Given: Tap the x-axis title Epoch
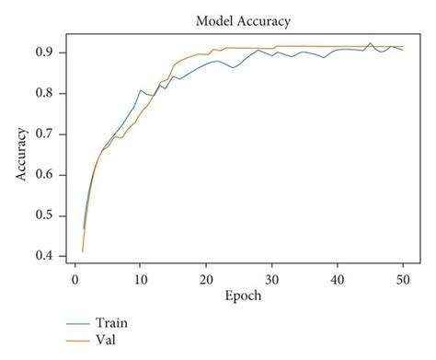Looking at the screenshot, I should pyautogui.click(x=242, y=297).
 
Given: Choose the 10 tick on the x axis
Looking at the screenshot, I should pyautogui.click(x=140, y=279).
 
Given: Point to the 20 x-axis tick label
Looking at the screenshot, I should pyautogui.click(x=206, y=279).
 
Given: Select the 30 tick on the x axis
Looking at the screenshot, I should pyautogui.click(x=272, y=279).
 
